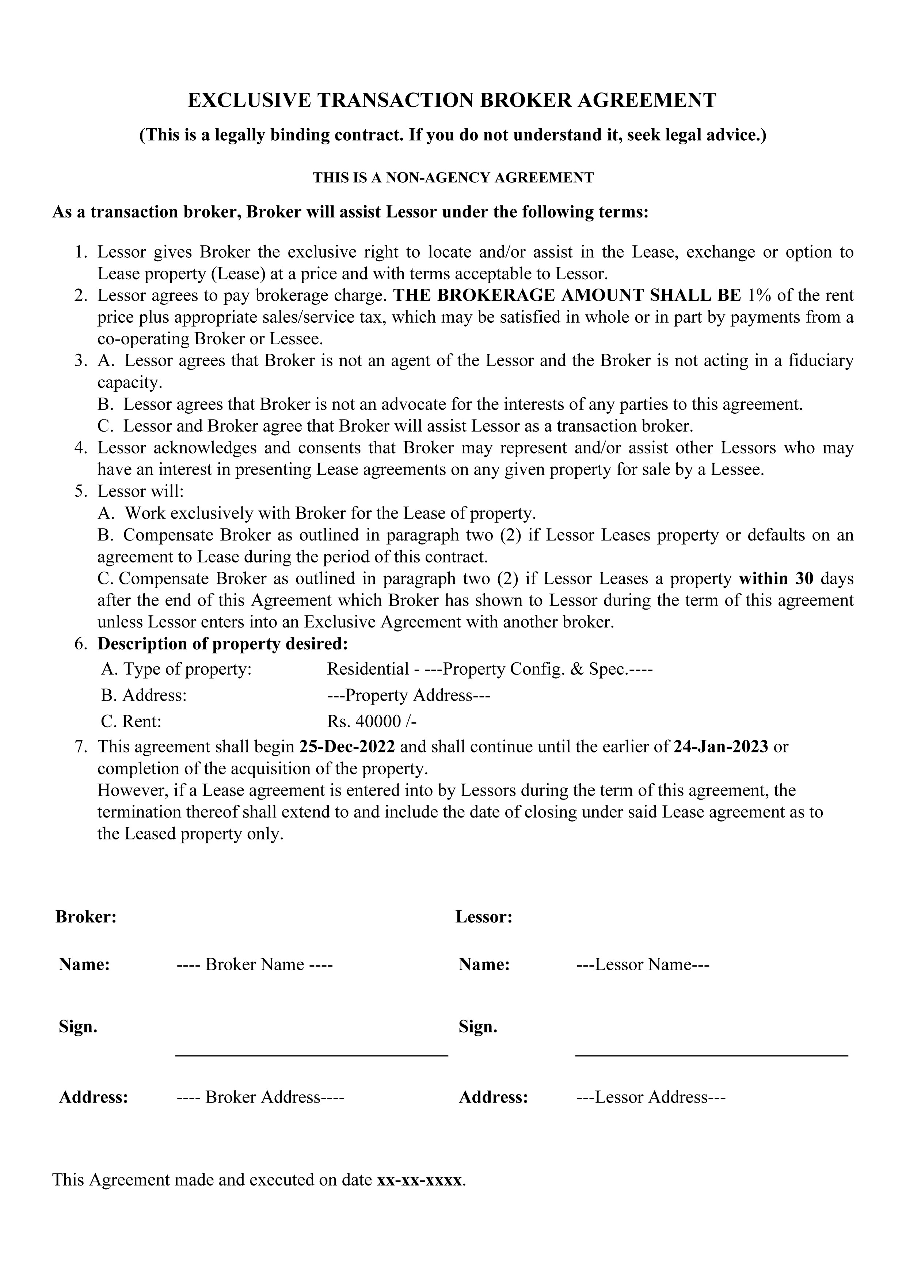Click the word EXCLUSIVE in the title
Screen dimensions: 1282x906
pyautogui.click(x=249, y=100)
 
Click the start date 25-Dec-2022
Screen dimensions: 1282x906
pyautogui.click(x=347, y=747)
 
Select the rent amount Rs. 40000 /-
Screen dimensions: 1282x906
pyautogui.click(x=372, y=721)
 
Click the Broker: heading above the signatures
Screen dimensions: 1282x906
pyautogui.click(x=86, y=917)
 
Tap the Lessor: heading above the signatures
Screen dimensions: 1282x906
pyautogui.click(x=483, y=917)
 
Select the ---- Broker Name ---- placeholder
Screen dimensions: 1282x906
pyautogui.click(x=255, y=964)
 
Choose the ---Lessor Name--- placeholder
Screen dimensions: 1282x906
pyautogui.click(x=643, y=964)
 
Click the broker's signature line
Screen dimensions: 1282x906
pyautogui.click(x=312, y=1055)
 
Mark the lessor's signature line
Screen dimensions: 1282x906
pyautogui.click(x=711, y=1055)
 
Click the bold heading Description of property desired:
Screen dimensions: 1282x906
pyautogui.click(x=223, y=644)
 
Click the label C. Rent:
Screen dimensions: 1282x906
pyautogui.click(x=131, y=721)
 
